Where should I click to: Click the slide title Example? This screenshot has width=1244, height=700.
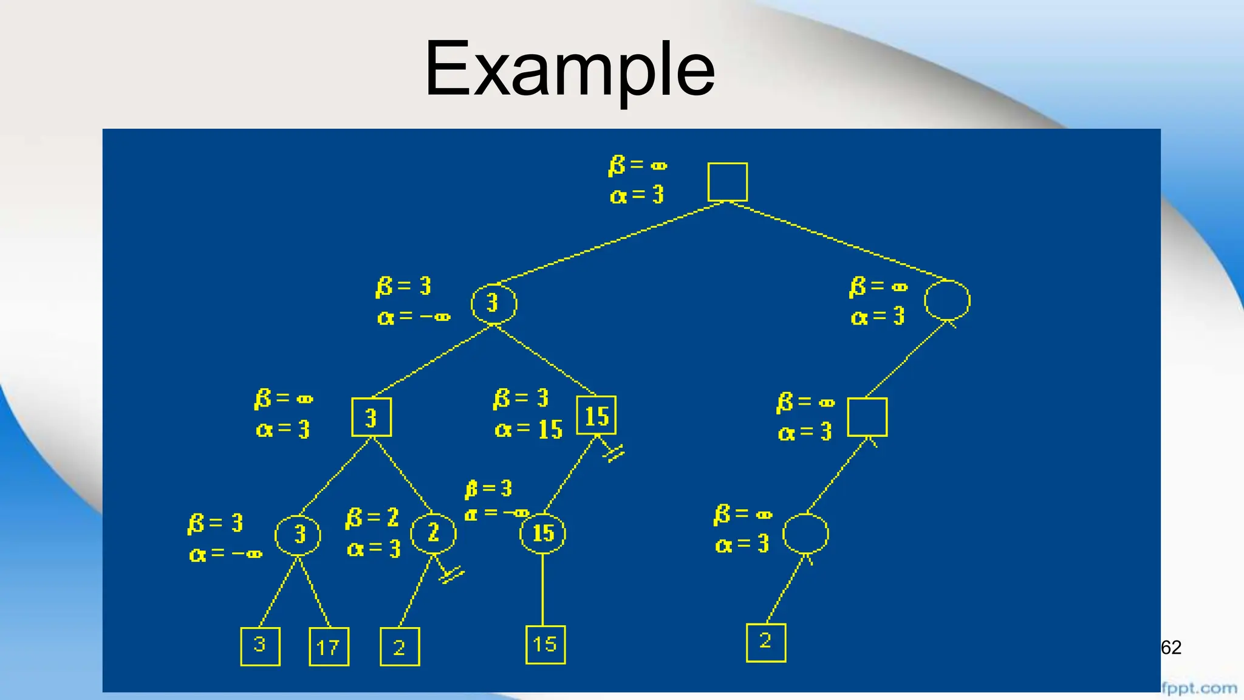pyautogui.click(x=569, y=68)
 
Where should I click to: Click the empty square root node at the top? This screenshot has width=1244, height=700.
pyautogui.click(x=727, y=182)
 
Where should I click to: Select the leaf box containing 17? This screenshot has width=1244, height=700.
pyautogui.click(x=329, y=647)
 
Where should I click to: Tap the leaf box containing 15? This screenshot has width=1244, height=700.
pyautogui.click(x=545, y=644)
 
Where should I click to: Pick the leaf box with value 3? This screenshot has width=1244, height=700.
pyautogui.click(x=260, y=646)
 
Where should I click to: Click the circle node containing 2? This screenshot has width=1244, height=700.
pyautogui.click(x=433, y=534)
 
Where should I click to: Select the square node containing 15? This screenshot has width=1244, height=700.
pyautogui.click(x=596, y=416)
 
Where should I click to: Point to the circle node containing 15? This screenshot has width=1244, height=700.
pyautogui.click(x=542, y=534)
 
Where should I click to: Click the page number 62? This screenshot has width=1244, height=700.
pyautogui.click(x=1171, y=648)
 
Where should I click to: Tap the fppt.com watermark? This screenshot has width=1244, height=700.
pyautogui.click(x=1199, y=688)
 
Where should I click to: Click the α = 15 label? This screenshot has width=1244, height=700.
pyautogui.click(x=528, y=430)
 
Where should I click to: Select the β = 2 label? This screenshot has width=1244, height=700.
pyautogui.click(x=372, y=518)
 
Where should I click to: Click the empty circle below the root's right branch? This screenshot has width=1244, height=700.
pyautogui.click(x=947, y=300)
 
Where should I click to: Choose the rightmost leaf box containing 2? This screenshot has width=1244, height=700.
pyautogui.click(x=765, y=642)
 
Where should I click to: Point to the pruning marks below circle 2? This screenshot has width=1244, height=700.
pyautogui.click(x=451, y=574)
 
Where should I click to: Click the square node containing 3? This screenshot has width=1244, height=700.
pyautogui.click(x=371, y=417)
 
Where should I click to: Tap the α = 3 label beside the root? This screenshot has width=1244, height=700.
pyautogui.click(x=637, y=195)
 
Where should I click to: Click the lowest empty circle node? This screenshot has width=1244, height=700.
pyautogui.click(x=805, y=534)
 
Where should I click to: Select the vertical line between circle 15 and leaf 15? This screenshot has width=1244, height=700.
pyautogui.click(x=542, y=589)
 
